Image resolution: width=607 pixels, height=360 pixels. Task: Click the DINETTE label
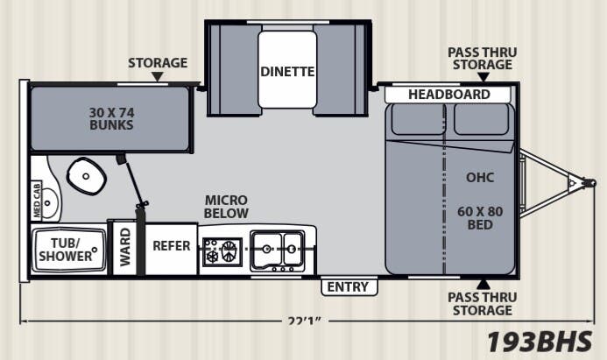click(286, 71)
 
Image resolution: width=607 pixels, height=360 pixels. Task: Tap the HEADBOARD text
click(449, 95)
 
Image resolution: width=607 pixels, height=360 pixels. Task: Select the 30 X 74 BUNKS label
click(110, 118)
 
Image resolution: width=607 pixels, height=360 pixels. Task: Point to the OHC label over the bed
click(479, 178)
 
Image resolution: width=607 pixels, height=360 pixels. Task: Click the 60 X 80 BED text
click(480, 218)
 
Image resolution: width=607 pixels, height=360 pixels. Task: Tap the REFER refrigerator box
click(172, 246)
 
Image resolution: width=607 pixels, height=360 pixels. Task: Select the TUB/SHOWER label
click(66, 249)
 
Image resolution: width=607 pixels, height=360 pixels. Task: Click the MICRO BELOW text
click(226, 207)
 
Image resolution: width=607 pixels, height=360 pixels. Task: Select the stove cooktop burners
click(221, 252)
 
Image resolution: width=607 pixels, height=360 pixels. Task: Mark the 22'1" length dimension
click(305, 321)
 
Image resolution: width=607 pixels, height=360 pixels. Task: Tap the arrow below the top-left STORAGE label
click(158, 77)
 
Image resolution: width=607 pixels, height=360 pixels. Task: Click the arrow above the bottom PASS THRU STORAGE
click(482, 283)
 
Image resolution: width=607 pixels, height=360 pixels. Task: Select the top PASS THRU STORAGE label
click(482, 59)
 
